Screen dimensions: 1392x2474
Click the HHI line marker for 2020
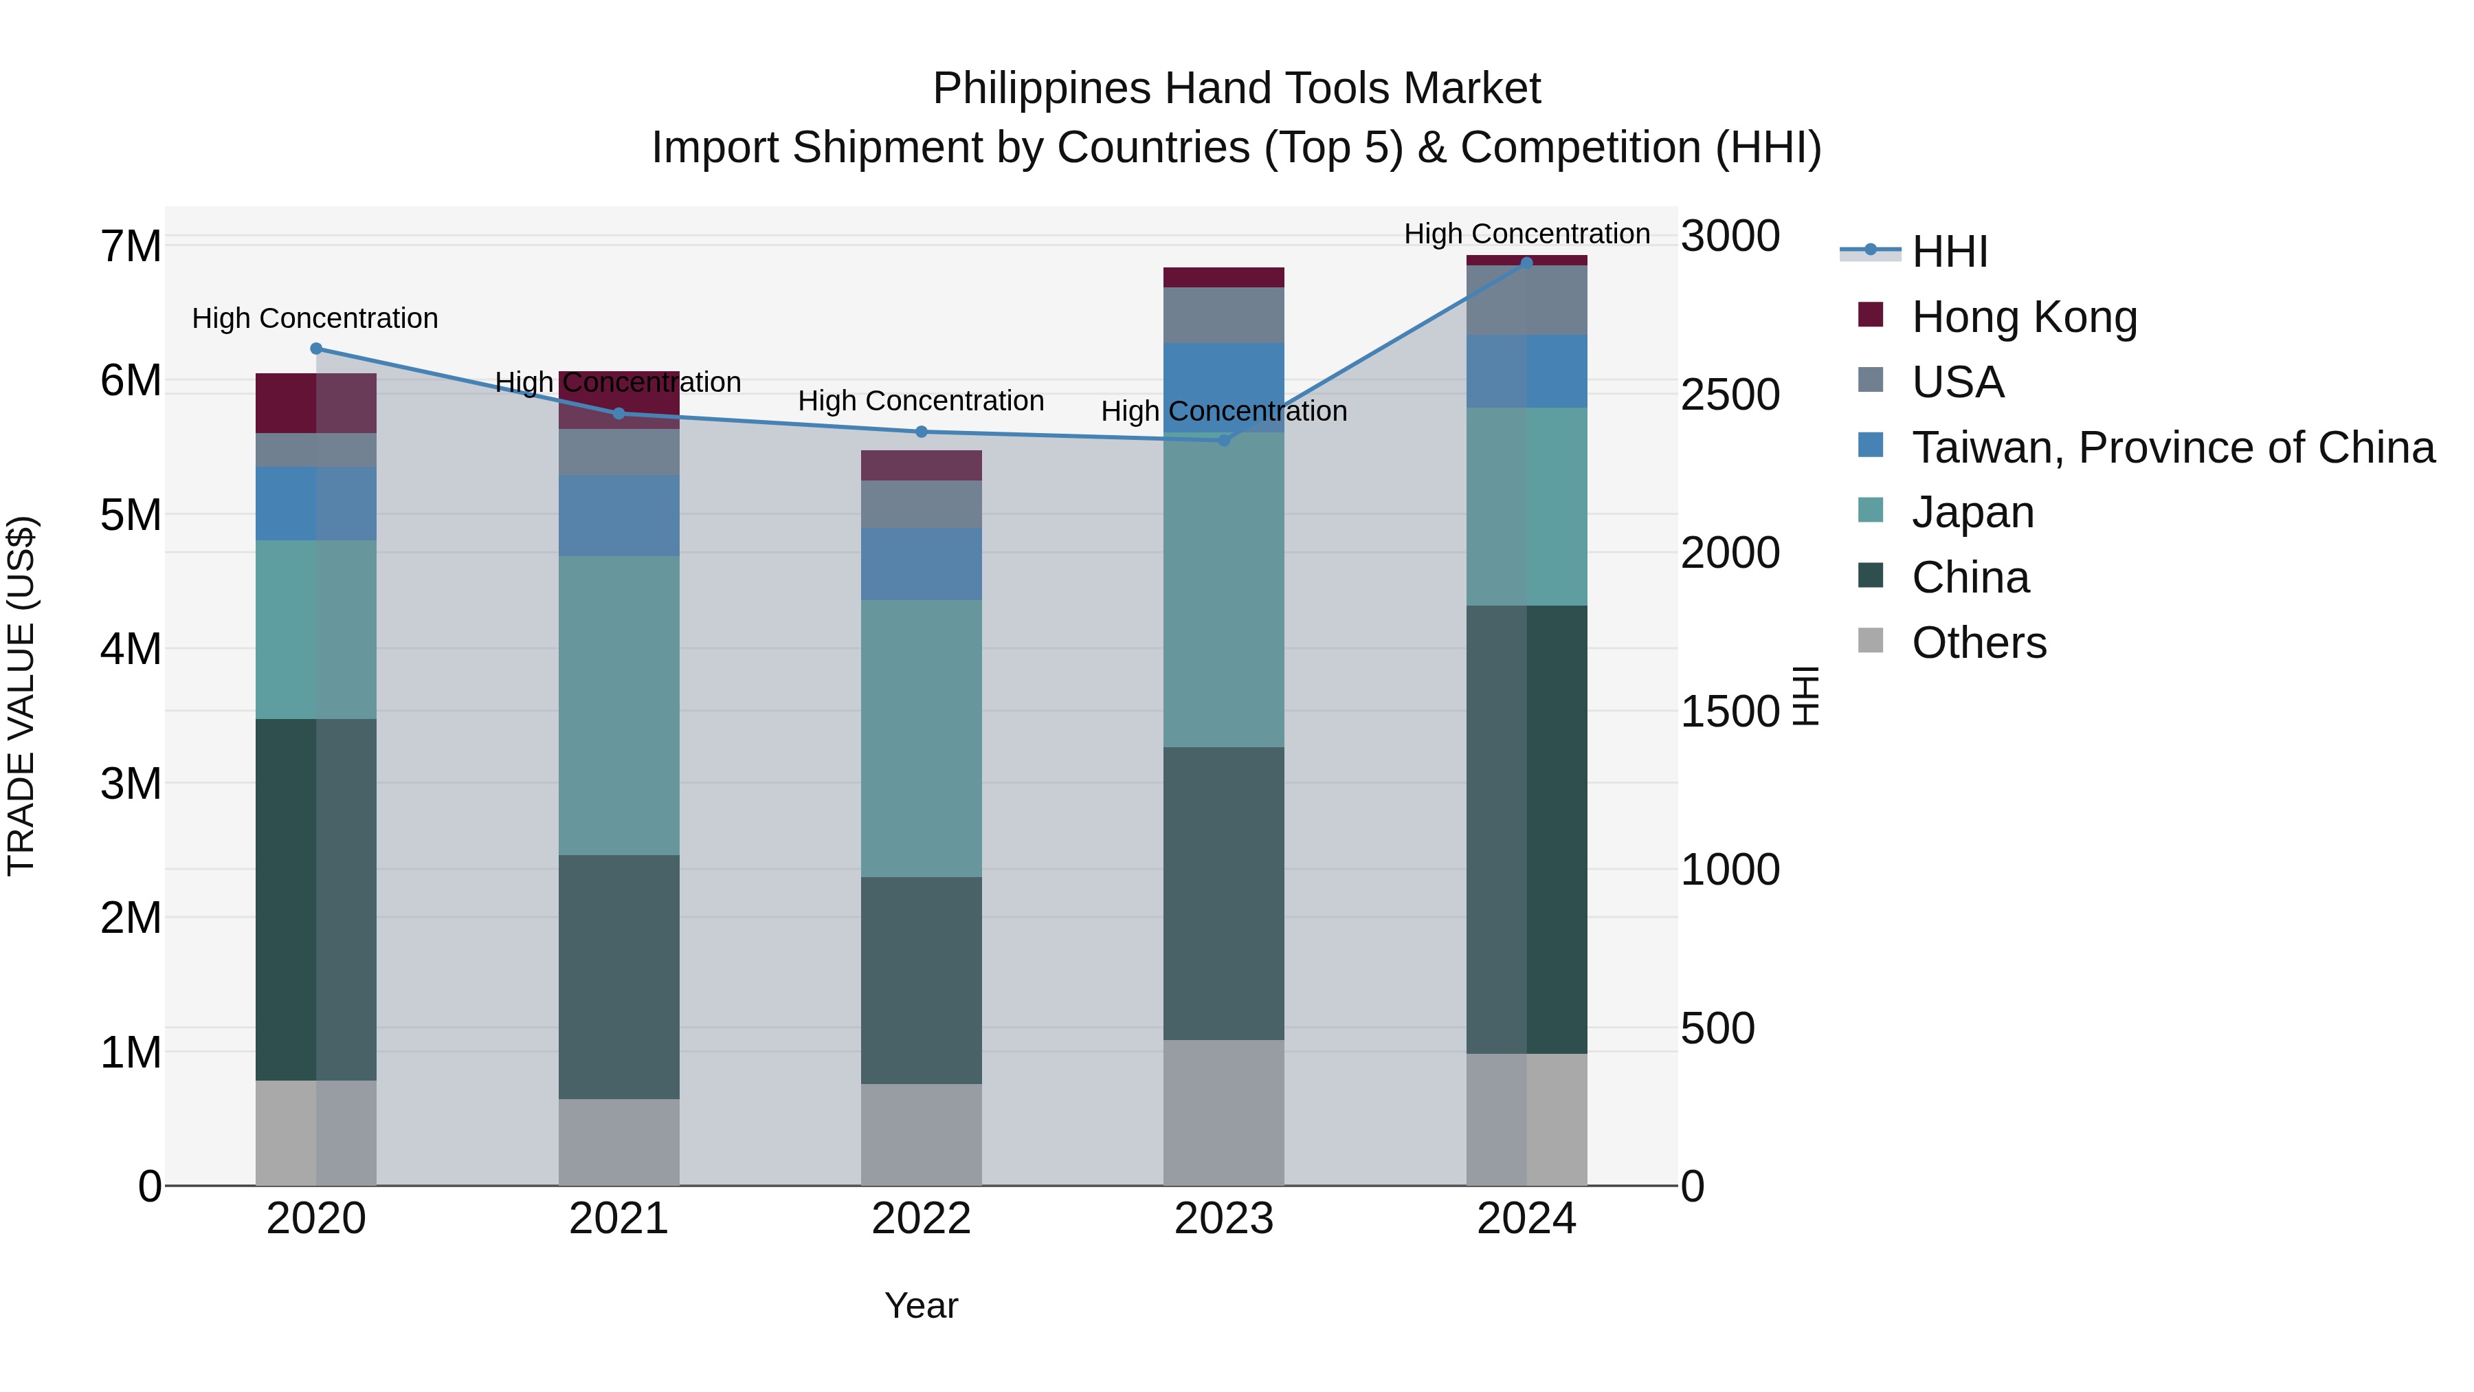pos(316,349)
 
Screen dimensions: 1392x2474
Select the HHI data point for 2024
pos(1526,263)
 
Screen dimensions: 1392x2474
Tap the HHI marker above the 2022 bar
pos(921,431)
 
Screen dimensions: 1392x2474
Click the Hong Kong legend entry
pos(2024,317)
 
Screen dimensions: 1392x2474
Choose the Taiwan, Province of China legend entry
pos(2172,448)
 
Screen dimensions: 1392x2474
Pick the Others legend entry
pos(1979,643)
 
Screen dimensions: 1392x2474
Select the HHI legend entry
pos(1949,252)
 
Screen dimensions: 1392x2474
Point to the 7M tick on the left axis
pos(131,246)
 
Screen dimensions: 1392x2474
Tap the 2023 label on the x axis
pos(1223,1219)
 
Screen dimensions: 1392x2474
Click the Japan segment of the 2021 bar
pos(618,705)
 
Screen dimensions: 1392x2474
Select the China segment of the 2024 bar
pos(1526,829)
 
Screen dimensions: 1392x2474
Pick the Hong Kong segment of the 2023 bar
pos(1223,278)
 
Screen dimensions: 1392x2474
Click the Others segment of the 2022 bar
pos(921,1134)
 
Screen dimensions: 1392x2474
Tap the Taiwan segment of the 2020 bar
pos(316,503)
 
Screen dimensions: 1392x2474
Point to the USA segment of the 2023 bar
pos(1223,315)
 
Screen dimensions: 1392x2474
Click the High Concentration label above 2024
pos(1526,234)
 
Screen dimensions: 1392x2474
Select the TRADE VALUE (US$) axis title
pos(21,696)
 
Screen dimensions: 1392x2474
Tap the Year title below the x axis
pos(921,1305)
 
